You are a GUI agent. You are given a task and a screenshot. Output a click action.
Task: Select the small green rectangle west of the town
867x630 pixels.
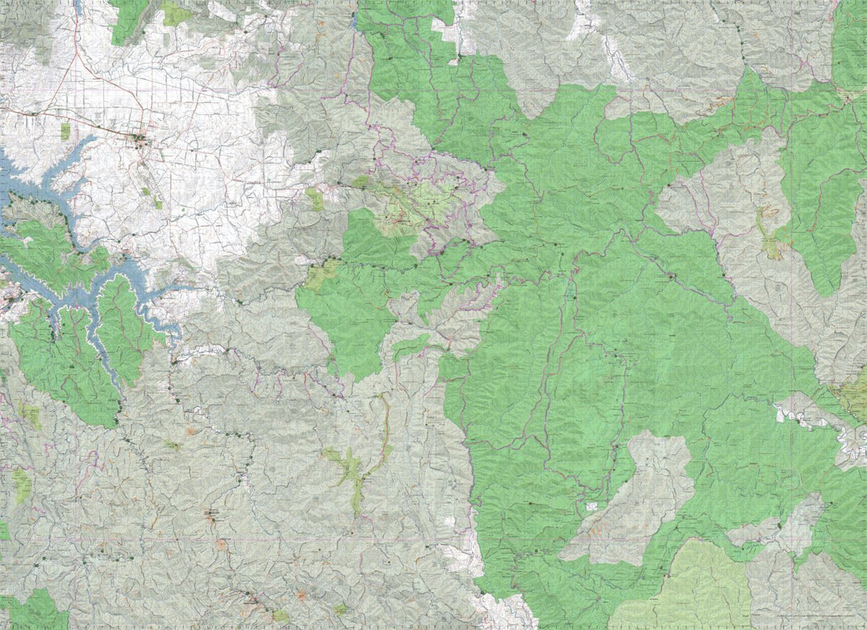[66, 131]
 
